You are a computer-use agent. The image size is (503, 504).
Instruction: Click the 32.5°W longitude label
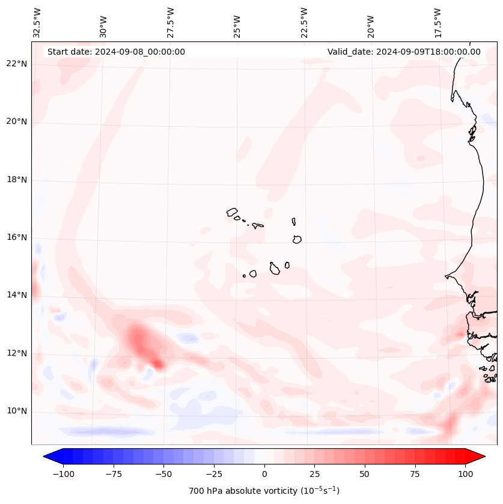coord(37,23)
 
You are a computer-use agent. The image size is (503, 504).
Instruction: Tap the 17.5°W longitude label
coord(437,23)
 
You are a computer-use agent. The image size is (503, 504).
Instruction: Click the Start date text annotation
coord(116,52)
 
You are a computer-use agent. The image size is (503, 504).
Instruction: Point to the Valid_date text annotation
coord(404,52)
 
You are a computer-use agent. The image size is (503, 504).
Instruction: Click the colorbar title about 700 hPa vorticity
coord(264,491)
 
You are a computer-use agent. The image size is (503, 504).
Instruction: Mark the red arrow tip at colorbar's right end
coord(483,457)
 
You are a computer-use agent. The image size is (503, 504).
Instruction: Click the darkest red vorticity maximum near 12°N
coord(157,363)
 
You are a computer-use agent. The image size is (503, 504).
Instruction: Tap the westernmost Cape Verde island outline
coord(232,212)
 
